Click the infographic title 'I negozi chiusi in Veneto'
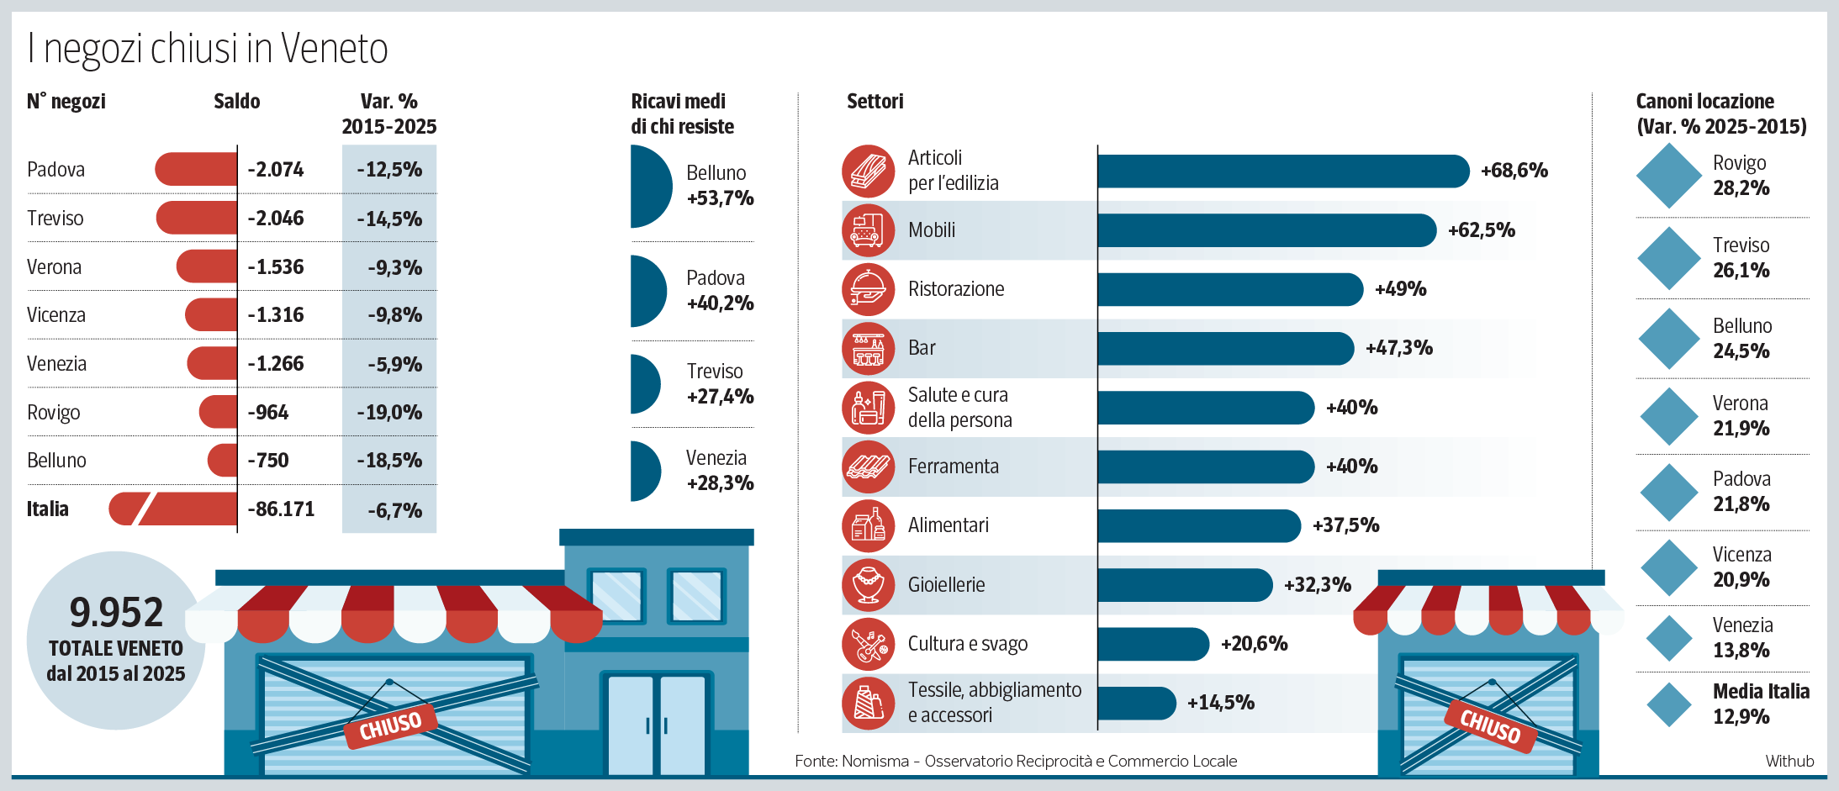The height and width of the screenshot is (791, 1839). click(x=208, y=49)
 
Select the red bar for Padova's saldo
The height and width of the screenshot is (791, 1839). click(x=197, y=169)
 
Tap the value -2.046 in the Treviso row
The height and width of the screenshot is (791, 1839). click(x=276, y=219)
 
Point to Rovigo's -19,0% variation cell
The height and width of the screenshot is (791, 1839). click(x=389, y=413)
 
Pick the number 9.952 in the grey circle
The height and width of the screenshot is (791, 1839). click(x=116, y=612)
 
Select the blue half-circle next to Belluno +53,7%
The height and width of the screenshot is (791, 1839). click(x=649, y=186)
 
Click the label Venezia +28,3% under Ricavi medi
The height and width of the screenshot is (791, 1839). click(x=719, y=471)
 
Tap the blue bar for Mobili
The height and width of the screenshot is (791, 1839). click(x=1266, y=230)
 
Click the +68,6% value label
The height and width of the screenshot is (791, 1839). click(x=1514, y=171)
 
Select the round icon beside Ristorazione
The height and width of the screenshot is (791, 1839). click(x=868, y=289)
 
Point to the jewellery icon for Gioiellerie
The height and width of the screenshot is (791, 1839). click(x=868, y=585)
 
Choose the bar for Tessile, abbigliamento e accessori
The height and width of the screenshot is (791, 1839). click(x=1135, y=703)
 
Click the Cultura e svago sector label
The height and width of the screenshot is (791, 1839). click(x=967, y=644)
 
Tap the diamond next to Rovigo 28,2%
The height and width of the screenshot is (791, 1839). click(x=1669, y=176)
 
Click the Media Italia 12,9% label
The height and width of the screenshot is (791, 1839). click(x=1760, y=704)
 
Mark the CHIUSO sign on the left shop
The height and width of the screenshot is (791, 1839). click(x=390, y=725)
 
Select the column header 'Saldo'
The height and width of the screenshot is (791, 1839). click(x=236, y=102)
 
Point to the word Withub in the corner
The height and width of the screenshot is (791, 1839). click(x=1789, y=761)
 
